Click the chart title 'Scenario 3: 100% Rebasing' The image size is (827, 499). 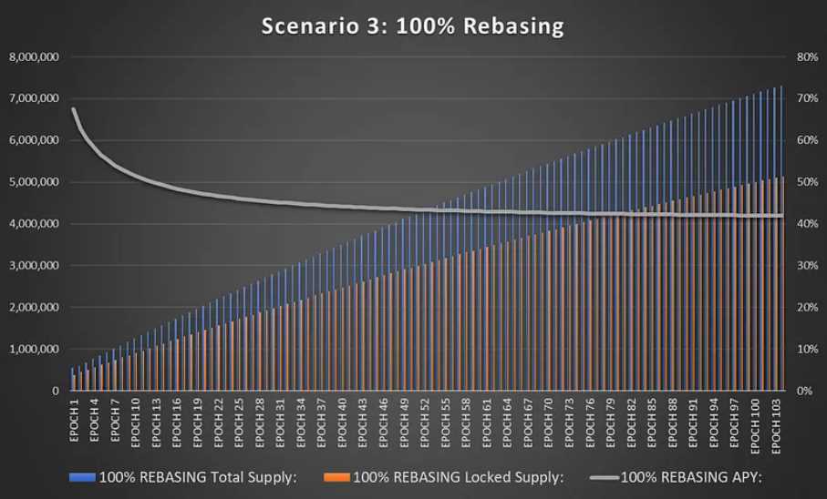[x=412, y=26]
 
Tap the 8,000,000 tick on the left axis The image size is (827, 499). [x=34, y=57]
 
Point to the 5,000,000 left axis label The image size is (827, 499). [x=34, y=182]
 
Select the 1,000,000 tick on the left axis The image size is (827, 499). [x=34, y=349]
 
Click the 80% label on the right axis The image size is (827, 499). [x=806, y=57]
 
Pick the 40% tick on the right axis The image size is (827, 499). [x=806, y=224]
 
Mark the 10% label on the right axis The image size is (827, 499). [x=806, y=349]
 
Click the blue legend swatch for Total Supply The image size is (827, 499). [x=82, y=476]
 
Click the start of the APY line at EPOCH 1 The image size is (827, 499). [x=73, y=109]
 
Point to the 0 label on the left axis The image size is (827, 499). [x=56, y=391]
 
